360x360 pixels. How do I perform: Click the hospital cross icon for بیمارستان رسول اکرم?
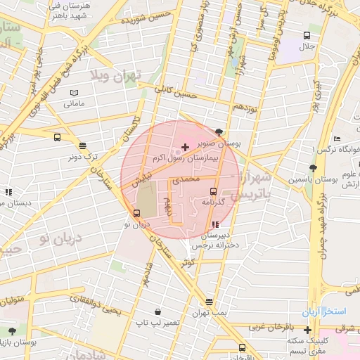[185, 147]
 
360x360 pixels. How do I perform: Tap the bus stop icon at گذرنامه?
[213, 191]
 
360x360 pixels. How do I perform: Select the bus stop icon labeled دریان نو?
[137, 213]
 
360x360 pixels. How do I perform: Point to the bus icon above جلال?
[307, 35]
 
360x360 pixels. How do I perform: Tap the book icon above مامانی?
[75, 92]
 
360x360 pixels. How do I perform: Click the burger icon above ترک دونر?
[83, 146]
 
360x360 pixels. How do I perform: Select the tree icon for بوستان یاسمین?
[312, 168]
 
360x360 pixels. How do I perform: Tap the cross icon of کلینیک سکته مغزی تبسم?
[307, 330]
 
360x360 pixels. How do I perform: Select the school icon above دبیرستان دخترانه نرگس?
[214, 224]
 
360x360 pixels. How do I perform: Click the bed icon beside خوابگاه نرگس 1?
[337, 138]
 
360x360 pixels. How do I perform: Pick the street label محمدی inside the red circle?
[187, 180]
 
